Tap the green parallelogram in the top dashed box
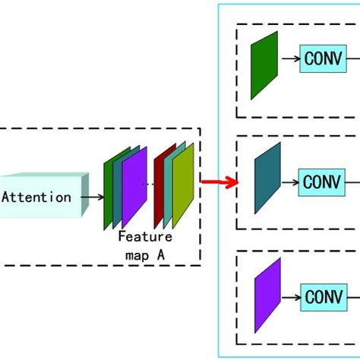click(264, 65)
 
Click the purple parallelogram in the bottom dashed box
click(267, 295)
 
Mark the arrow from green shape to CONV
click(290, 58)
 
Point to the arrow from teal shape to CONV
click(292, 182)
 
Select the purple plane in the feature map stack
click(134, 186)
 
